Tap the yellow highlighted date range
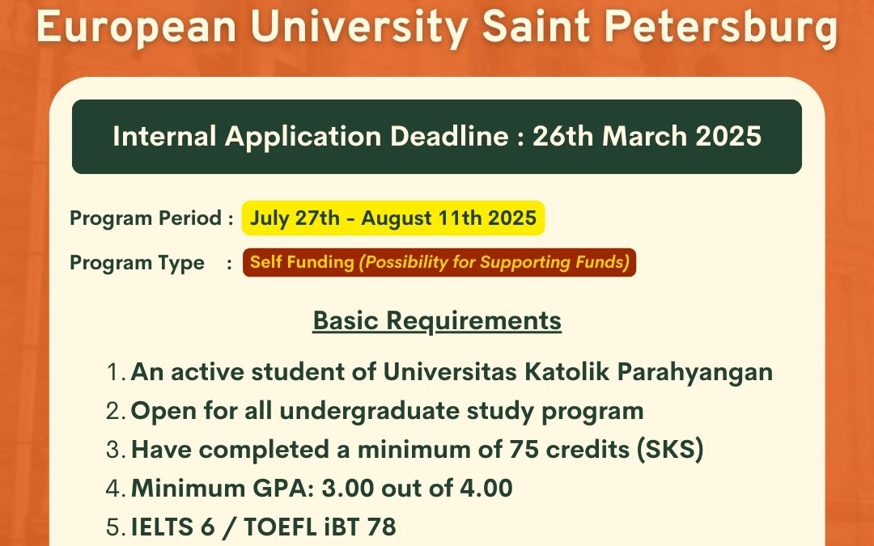click(x=393, y=218)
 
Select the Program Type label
click(x=137, y=263)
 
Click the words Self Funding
click(x=302, y=263)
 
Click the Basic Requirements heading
click(x=437, y=321)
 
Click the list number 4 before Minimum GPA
click(x=113, y=489)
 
